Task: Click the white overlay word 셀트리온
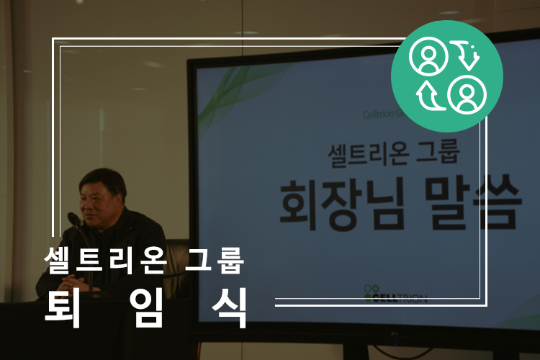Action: coord(105,261)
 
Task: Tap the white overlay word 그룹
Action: coord(215,261)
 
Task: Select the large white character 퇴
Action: coord(63,307)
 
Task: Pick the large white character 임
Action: coord(146,307)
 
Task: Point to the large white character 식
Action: coord(230,307)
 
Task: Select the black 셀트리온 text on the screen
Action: coord(368,155)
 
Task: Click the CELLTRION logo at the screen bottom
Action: coord(395,294)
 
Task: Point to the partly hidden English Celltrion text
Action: coord(379,114)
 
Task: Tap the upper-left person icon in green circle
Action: coord(428,56)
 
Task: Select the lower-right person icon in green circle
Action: coord(467,94)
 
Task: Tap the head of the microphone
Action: coord(74,219)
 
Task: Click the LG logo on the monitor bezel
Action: coord(395,342)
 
